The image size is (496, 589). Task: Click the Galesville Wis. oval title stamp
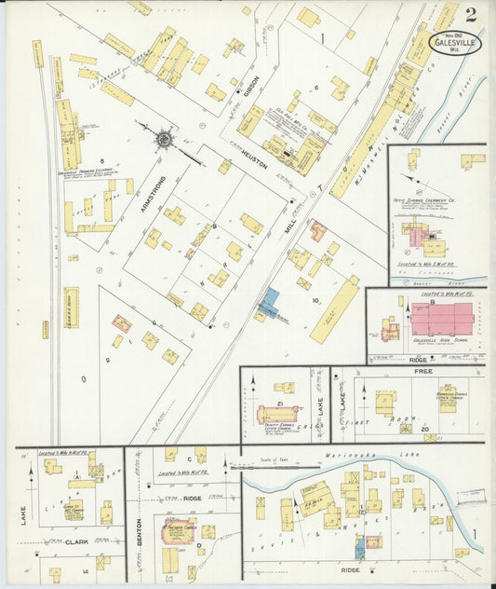[x=455, y=43]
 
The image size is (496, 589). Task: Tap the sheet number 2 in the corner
[x=472, y=14]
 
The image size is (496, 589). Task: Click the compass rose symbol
[x=164, y=140]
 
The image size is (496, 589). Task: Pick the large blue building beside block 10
[x=270, y=303]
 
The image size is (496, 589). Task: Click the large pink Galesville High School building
[x=440, y=318]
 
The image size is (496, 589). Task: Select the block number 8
[x=89, y=160]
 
